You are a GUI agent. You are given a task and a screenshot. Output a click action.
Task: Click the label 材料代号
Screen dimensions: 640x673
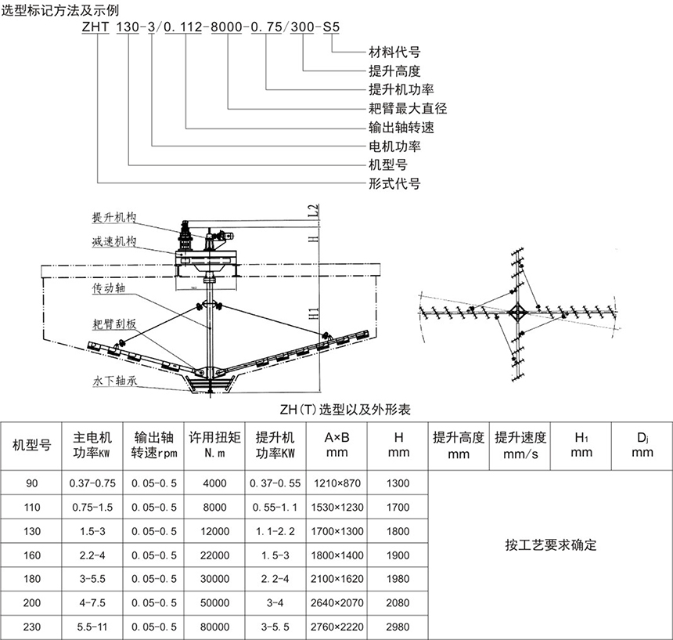(394, 52)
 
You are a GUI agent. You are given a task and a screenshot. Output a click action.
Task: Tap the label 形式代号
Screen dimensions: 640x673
(394, 184)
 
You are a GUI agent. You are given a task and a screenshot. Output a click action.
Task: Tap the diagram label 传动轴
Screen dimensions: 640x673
(109, 289)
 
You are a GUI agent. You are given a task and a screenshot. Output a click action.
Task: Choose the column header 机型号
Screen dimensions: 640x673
(32, 445)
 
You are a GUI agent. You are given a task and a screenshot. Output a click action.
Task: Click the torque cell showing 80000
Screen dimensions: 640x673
(214, 627)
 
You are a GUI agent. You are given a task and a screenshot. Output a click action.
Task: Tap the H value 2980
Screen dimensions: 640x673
(398, 627)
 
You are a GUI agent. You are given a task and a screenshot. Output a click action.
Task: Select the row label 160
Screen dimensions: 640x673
(32, 555)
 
